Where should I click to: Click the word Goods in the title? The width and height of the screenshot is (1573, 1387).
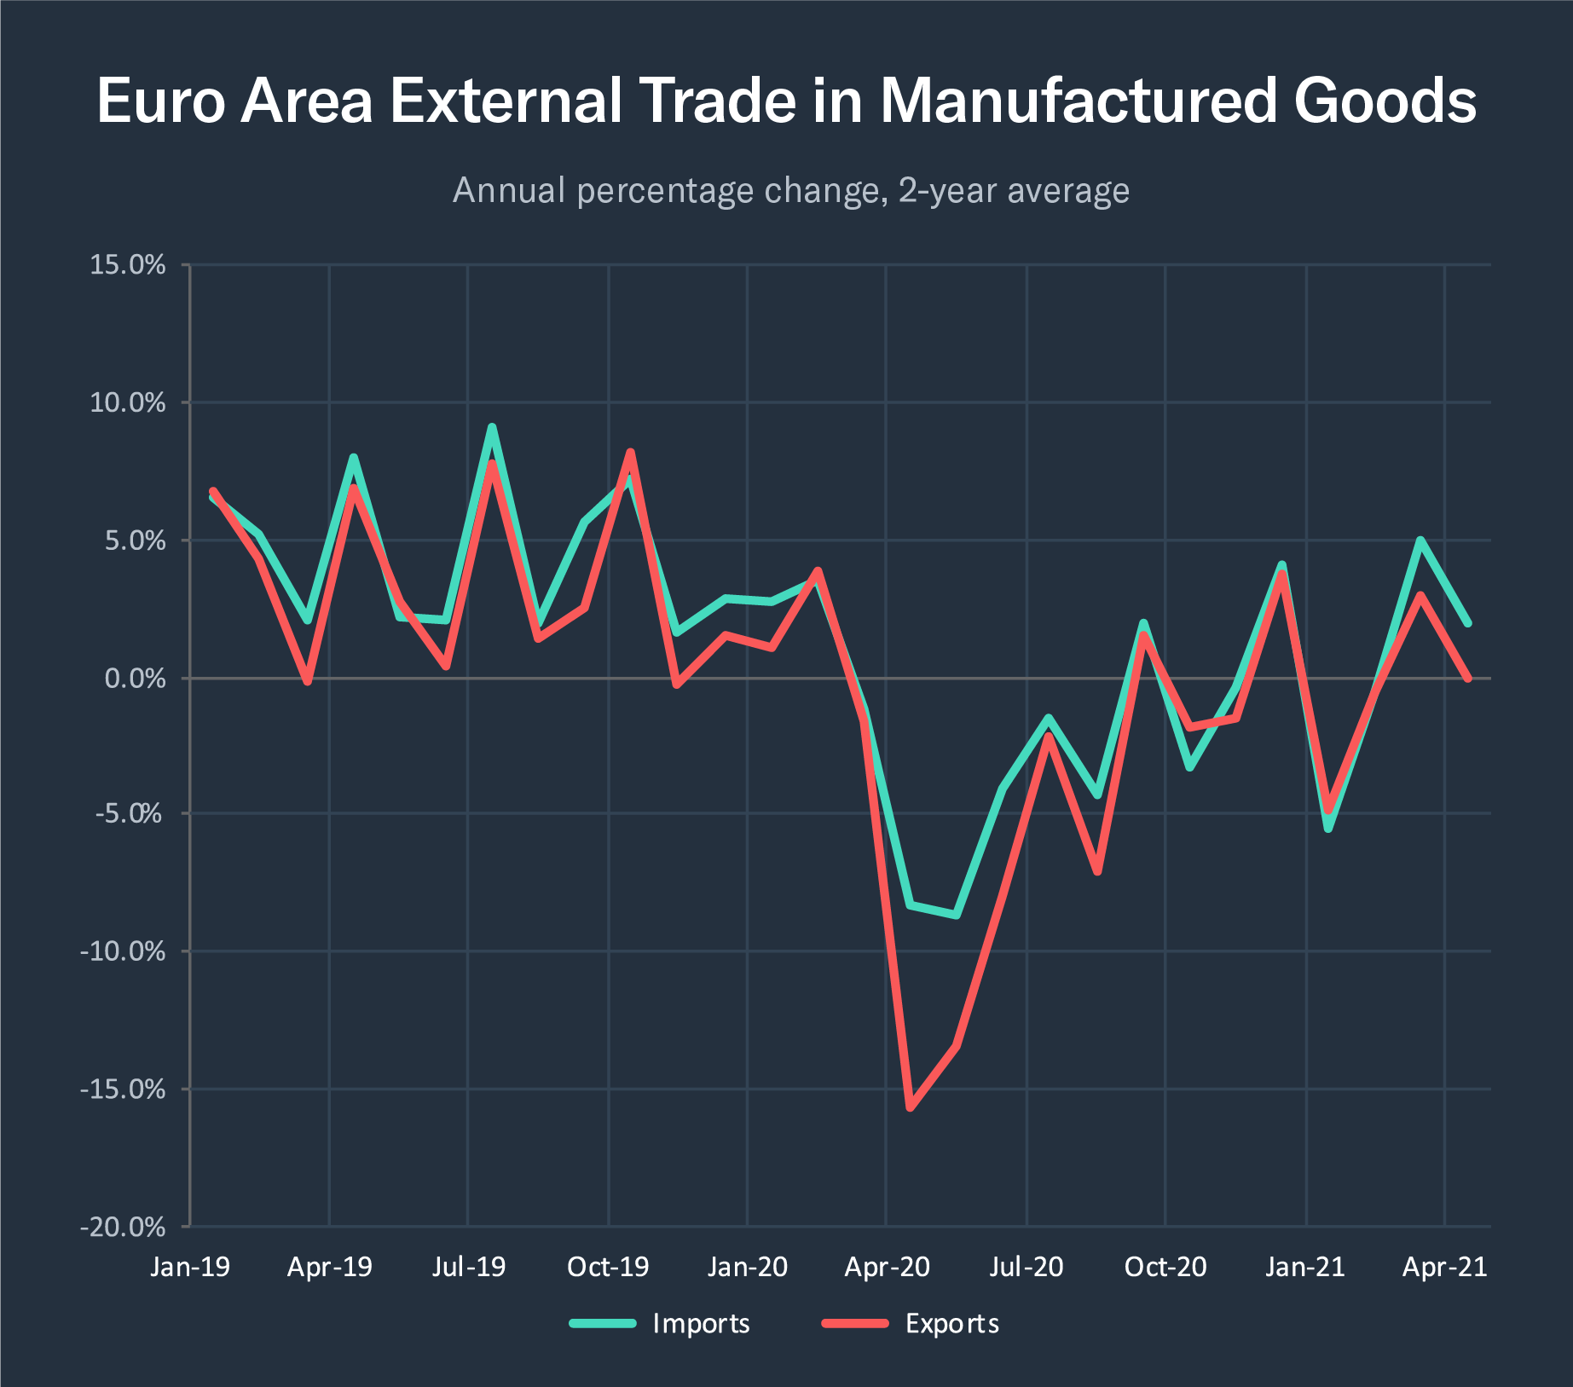pyautogui.click(x=1385, y=101)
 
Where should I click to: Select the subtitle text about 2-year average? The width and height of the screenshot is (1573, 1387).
pyautogui.click(x=790, y=190)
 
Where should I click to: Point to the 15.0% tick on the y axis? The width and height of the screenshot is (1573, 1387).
pyautogui.click(x=128, y=264)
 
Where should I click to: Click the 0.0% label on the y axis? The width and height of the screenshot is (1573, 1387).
pyautogui.click(x=135, y=679)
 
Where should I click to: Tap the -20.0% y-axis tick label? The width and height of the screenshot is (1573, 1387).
pyautogui.click(x=123, y=1227)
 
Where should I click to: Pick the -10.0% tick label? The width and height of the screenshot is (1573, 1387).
pyautogui.click(x=123, y=951)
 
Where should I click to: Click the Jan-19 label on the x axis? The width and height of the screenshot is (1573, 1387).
pyautogui.click(x=190, y=1267)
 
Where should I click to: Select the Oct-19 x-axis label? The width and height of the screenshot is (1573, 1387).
pyautogui.click(x=608, y=1267)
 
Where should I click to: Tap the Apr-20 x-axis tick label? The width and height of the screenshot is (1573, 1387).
pyautogui.click(x=887, y=1267)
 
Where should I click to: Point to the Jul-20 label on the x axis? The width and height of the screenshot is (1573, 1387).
pyautogui.click(x=1026, y=1267)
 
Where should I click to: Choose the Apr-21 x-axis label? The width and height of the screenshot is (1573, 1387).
pyautogui.click(x=1444, y=1267)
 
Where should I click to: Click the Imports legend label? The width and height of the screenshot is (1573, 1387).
pyautogui.click(x=701, y=1323)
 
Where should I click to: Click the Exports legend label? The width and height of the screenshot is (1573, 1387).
pyautogui.click(x=951, y=1323)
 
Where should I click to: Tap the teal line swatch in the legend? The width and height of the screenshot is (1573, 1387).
pyautogui.click(x=603, y=1323)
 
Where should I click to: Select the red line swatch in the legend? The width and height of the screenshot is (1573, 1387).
pyautogui.click(x=855, y=1323)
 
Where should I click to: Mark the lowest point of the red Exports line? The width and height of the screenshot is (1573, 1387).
pyautogui.click(x=910, y=1107)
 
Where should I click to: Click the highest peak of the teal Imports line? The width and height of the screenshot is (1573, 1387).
pyautogui.click(x=492, y=427)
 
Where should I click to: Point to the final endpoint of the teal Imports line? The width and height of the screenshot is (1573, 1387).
pyautogui.click(x=1467, y=623)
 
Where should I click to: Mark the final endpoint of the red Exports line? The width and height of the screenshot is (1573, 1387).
pyautogui.click(x=1467, y=679)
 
